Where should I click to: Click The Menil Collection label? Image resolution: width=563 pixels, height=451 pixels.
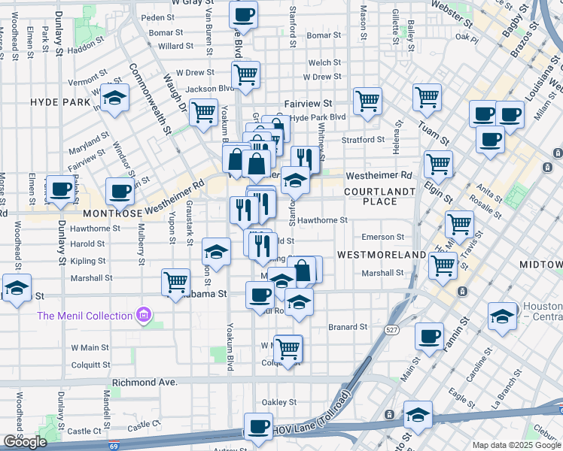click(85, 316)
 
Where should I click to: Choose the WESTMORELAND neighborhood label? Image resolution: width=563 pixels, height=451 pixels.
click(382, 256)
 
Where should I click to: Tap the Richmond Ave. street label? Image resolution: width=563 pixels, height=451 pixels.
click(145, 383)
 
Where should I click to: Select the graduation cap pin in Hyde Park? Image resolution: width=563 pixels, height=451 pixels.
click(114, 101)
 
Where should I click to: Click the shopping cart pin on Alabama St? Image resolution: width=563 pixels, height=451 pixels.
click(176, 283)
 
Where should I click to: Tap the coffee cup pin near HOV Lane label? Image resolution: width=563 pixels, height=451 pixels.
click(260, 427)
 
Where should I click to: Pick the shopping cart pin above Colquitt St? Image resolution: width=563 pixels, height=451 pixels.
click(288, 348)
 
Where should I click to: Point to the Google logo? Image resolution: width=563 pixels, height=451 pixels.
click(25, 442)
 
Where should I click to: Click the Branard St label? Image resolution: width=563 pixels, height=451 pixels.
click(348, 327)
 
